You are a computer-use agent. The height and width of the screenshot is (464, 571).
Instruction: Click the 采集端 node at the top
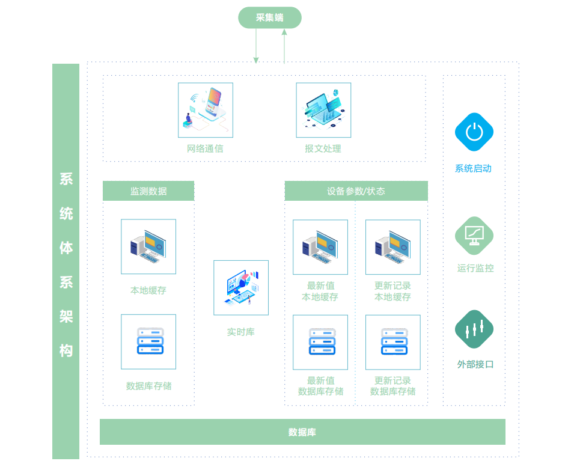[269, 17]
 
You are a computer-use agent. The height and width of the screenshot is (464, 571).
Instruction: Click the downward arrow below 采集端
[256, 46]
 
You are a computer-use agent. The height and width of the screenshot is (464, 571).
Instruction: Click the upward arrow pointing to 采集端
[284, 46]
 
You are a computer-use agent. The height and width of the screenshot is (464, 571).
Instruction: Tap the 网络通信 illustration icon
[206, 110]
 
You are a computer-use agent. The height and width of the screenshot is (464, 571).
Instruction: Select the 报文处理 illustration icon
[323, 110]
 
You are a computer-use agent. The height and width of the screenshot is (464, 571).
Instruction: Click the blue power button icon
[474, 132]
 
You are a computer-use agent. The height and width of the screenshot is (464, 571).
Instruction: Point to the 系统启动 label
[474, 169]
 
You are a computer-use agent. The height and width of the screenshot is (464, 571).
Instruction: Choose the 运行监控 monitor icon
[474, 235]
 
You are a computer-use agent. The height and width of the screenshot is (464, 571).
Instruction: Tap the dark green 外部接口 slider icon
[474, 329]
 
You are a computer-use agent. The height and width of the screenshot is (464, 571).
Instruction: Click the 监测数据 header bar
[148, 191]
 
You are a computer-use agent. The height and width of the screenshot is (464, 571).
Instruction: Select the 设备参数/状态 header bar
[356, 191]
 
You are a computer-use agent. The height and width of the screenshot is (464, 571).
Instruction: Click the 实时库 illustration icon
[241, 287]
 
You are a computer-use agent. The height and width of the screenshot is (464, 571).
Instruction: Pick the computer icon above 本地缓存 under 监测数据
[148, 246]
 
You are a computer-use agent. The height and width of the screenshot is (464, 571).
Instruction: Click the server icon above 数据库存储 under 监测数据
[148, 341]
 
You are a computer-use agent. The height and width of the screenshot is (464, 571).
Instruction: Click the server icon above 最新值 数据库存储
[320, 342]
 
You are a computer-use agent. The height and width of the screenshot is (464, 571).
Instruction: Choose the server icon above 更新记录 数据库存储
[393, 342]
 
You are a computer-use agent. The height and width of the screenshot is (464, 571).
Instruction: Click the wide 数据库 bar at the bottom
[302, 432]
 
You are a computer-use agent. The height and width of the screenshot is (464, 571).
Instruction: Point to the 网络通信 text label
[205, 148]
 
